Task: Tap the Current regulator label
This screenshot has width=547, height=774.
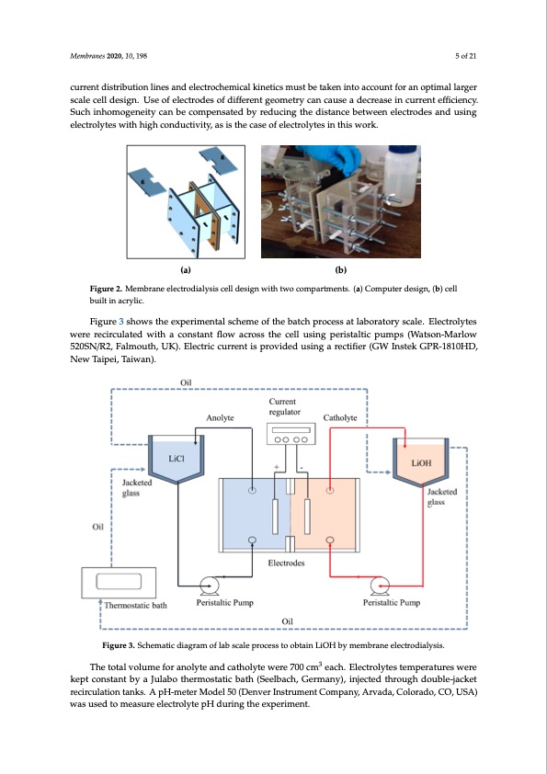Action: [x=283, y=406]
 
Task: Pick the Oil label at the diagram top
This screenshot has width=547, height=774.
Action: [x=187, y=383]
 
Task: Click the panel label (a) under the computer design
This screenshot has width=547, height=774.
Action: [x=186, y=269]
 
